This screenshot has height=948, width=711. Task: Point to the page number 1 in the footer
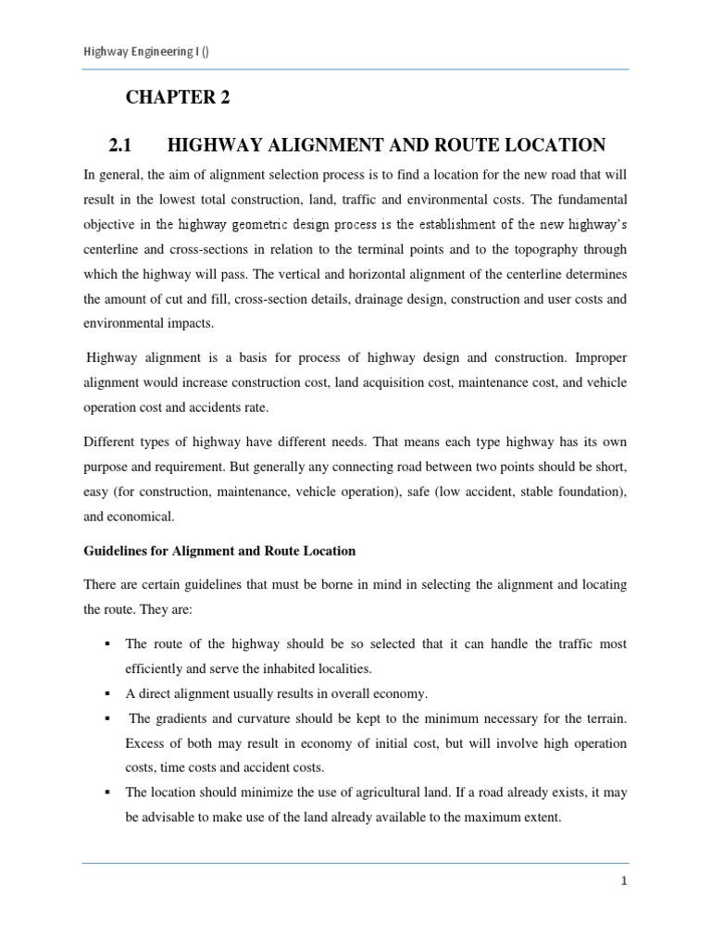tap(624, 881)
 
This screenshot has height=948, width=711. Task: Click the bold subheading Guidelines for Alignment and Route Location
tap(219, 551)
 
